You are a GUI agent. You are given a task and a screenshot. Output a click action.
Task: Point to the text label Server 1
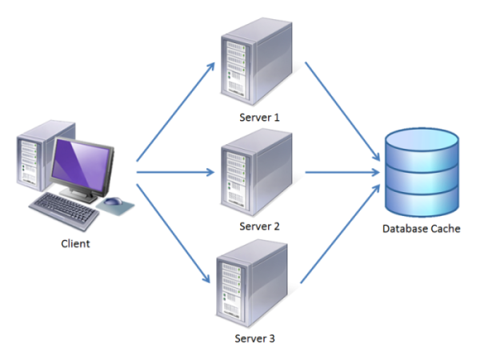tap(258, 117)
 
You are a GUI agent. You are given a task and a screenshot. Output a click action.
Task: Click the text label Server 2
tap(258, 226)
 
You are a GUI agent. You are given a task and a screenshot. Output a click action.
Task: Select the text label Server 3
tap(255, 338)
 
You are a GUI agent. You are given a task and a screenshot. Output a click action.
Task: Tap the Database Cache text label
tap(421, 230)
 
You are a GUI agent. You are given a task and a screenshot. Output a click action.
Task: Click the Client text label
tap(76, 243)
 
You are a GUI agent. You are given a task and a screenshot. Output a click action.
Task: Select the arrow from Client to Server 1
tap(176, 112)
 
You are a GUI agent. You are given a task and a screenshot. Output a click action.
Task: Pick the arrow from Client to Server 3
tap(176, 232)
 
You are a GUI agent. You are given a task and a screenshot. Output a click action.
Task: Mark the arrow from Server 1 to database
tap(340, 112)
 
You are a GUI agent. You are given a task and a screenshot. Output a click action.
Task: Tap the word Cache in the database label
tap(445, 230)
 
